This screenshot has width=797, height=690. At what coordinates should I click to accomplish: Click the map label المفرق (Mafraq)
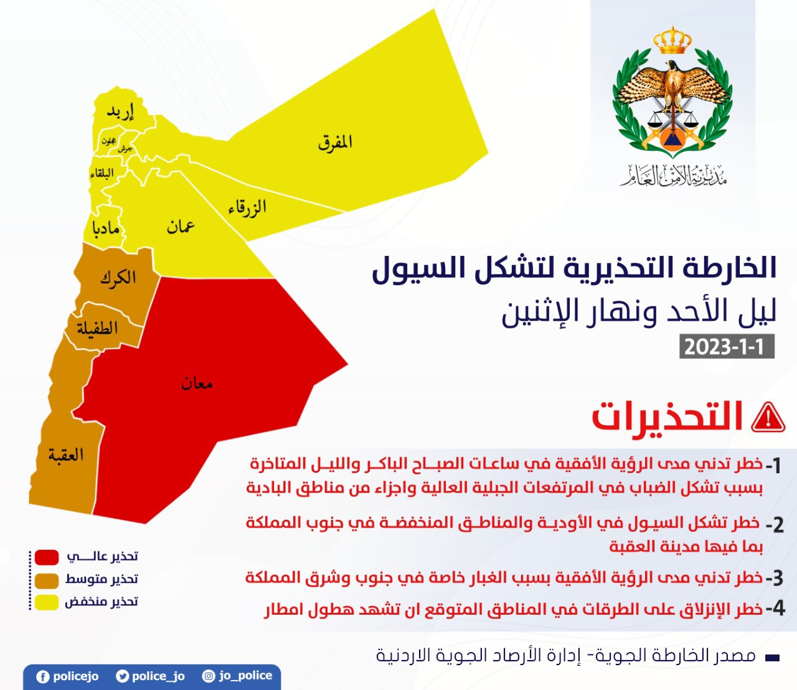[335, 143]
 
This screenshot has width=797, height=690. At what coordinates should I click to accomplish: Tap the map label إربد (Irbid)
[120, 112]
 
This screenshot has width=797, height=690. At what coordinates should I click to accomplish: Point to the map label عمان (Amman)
[181, 226]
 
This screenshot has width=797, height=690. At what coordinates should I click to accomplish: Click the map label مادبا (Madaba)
[106, 229]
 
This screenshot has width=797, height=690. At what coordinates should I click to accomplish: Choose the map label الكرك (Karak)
[118, 278]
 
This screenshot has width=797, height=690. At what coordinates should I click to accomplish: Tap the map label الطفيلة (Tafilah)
[97, 328]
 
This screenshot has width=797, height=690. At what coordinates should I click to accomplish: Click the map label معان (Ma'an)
[197, 383]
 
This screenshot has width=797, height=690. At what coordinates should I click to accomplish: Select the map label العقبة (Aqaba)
[66, 455]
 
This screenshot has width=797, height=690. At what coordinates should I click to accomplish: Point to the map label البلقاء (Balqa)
[102, 174]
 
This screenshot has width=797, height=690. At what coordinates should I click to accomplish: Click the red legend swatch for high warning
[47, 557]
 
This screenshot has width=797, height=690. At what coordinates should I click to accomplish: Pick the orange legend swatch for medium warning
[47, 580]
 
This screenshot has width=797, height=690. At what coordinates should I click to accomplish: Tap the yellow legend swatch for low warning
[47, 602]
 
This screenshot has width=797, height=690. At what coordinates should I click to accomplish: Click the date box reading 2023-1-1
[726, 346]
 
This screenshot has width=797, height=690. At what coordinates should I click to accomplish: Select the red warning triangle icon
[768, 417]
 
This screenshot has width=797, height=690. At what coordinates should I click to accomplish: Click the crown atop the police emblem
[672, 41]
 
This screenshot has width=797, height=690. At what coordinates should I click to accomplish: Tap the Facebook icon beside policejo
[43, 677]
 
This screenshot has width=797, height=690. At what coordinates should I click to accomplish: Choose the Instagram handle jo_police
[245, 676]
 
